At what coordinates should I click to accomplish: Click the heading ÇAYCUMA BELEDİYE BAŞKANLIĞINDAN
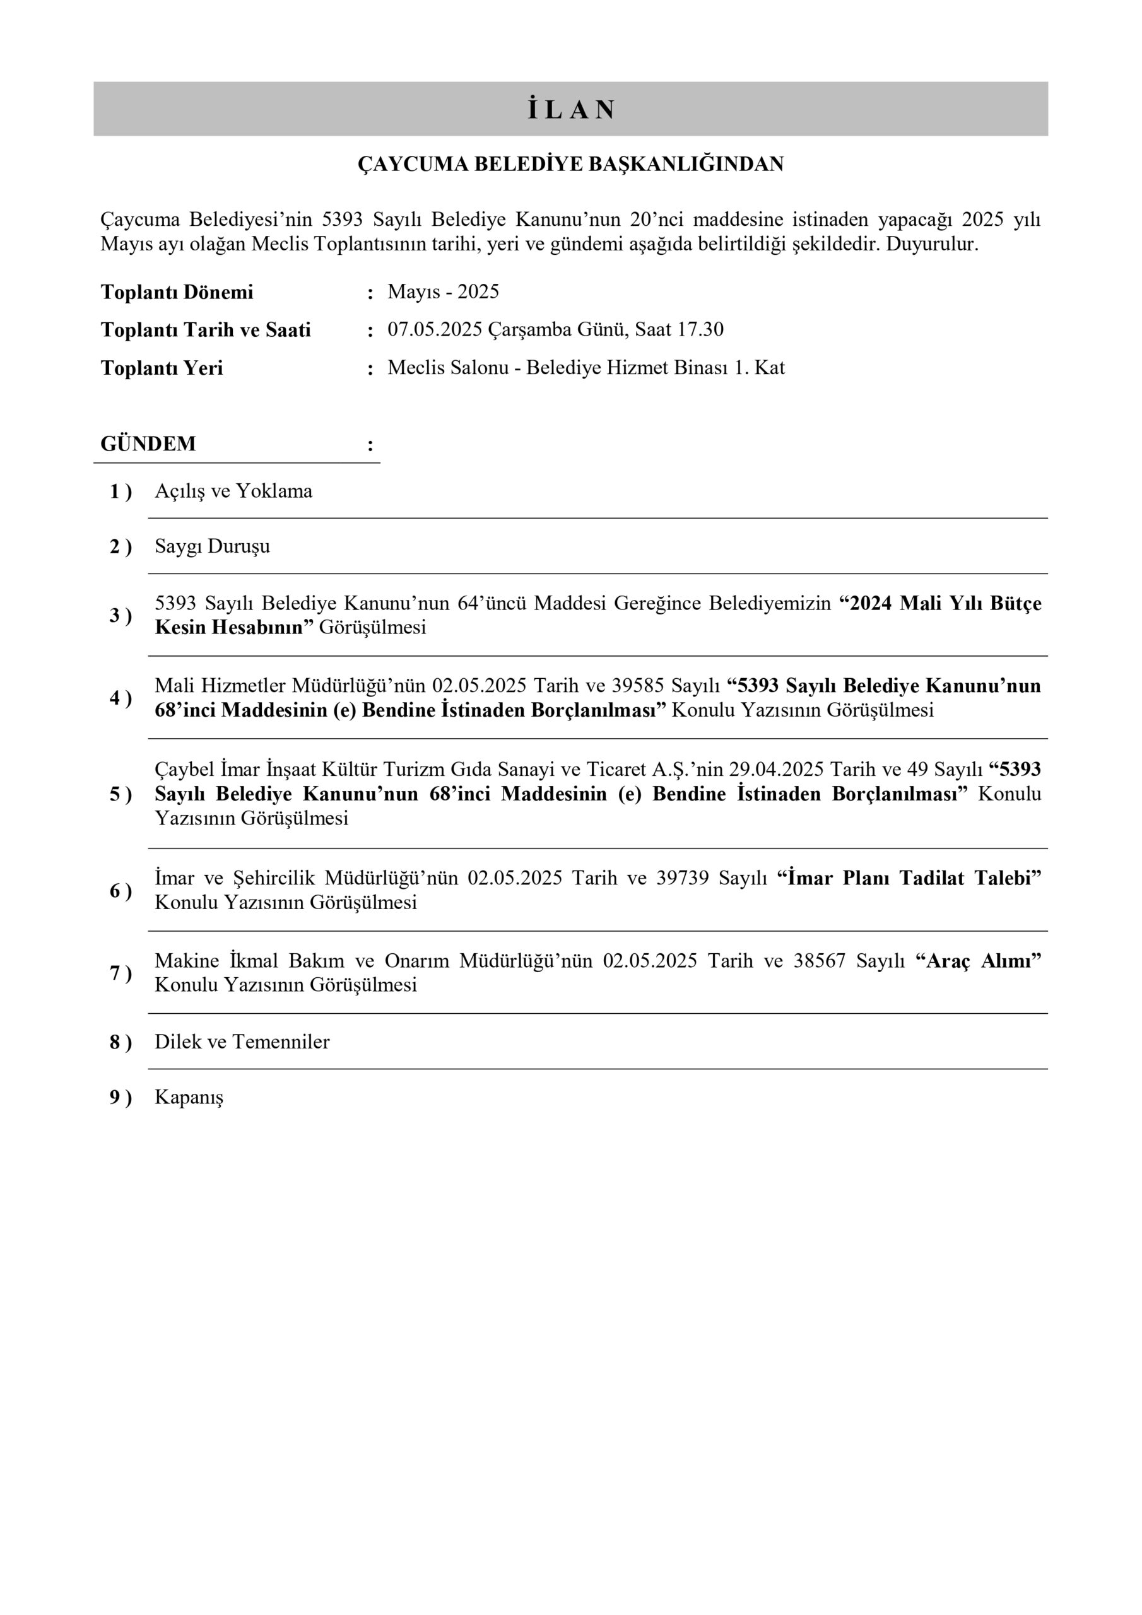tap(570, 165)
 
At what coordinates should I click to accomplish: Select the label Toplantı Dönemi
tap(177, 292)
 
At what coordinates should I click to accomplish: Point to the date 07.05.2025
tap(435, 330)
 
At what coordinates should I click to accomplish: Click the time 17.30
tap(700, 330)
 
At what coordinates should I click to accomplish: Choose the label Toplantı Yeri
tap(162, 368)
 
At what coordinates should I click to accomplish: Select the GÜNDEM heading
tap(148, 444)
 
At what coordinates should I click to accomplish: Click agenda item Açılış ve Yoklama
tap(233, 491)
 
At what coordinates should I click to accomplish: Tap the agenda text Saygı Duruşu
tap(213, 546)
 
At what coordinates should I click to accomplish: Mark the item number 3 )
tap(121, 616)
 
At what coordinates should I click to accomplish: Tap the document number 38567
tap(819, 961)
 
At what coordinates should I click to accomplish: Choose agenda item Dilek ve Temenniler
tap(242, 1042)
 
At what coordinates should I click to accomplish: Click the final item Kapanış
tap(189, 1097)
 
